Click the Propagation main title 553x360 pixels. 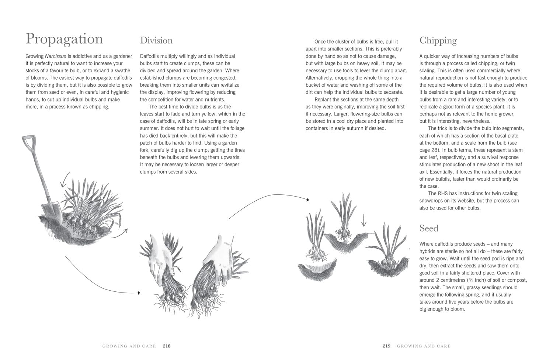coord(64,39)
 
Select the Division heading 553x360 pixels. coord(156,40)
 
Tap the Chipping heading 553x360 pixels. coord(438,40)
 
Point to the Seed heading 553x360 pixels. coord(429,228)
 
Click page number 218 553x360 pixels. coord(167,346)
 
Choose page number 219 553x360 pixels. coord(386,346)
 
